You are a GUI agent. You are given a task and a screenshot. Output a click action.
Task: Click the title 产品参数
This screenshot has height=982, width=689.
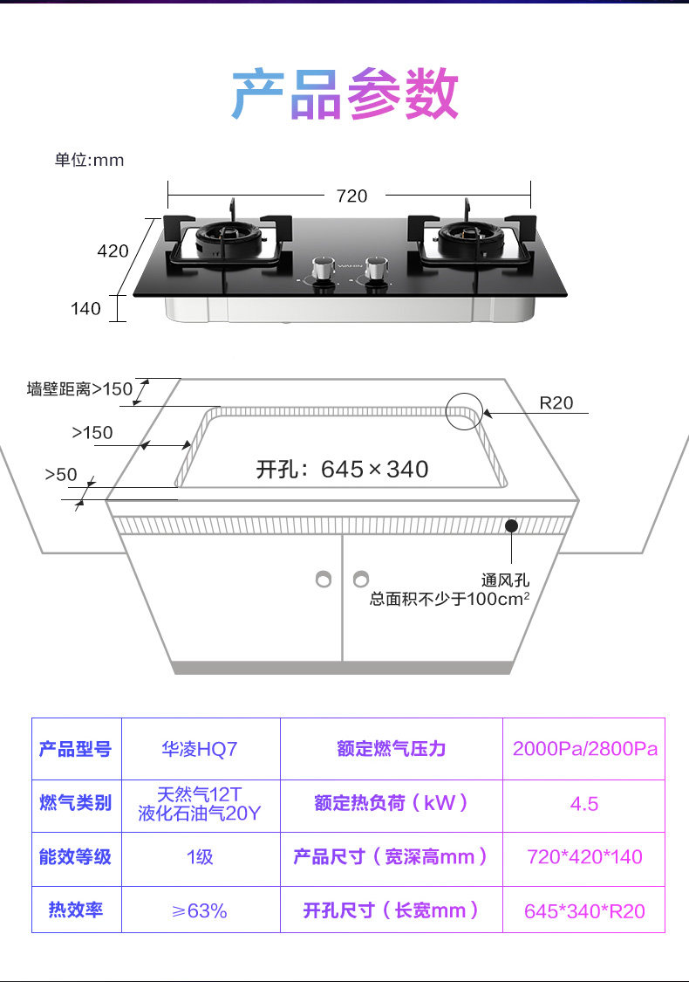click(x=344, y=95)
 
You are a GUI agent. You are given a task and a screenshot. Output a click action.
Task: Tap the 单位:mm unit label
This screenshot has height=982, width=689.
click(x=89, y=160)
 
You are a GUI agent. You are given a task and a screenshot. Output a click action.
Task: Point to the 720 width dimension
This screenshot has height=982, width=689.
click(x=351, y=196)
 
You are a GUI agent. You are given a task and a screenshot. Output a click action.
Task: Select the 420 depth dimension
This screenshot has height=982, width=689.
click(x=113, y=251)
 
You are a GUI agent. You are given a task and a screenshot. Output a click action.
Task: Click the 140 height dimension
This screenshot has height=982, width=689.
click(x=85, y=308)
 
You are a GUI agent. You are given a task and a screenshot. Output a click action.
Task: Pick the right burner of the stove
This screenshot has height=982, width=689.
click(x=466, y=236)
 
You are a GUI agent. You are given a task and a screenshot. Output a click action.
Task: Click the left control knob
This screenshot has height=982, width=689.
click(x=322, y=268)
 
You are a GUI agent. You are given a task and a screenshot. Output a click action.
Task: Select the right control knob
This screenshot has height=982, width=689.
click(x=377, y=268)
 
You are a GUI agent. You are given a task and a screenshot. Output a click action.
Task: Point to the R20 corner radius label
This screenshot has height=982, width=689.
click(x=556, y=403)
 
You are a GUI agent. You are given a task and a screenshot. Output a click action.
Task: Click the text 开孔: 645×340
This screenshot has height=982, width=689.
click(x=342, y=470)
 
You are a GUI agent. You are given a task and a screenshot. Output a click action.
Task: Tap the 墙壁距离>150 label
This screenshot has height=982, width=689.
click(x=79, y=389)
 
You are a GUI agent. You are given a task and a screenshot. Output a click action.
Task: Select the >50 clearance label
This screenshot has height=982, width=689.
click(x=61, y=475)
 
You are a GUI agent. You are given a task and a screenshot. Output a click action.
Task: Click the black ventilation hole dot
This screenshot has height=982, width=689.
click(x=511, y=525)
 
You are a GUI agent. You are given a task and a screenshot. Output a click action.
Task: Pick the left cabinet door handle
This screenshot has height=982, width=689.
click(x=324, y=579)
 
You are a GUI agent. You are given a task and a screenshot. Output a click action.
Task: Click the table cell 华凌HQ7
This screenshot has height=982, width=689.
click(x=200, y=749)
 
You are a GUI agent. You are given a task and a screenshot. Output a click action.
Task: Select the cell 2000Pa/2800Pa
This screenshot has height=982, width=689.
click(x=584, y=749)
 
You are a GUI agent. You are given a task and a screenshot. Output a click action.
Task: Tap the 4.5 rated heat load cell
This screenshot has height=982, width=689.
click(x=584, y=804)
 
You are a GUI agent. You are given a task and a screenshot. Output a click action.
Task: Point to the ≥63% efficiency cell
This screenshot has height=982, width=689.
click(x=200, y=910)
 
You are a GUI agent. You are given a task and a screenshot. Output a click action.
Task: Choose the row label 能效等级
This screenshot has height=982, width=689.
click(x=76, y=857)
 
